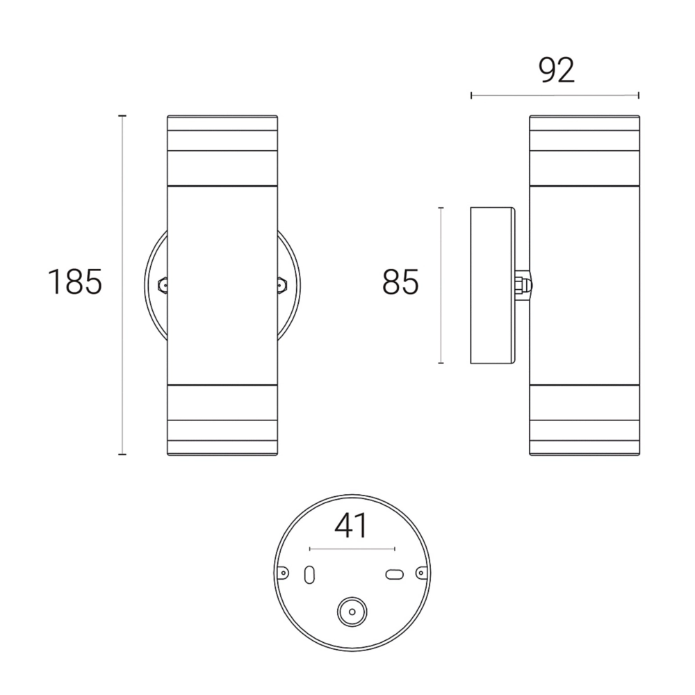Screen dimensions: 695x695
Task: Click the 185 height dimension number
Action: [75, 282]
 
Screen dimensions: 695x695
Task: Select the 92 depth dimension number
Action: [557, 70]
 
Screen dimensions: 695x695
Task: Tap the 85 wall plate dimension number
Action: [400, 282]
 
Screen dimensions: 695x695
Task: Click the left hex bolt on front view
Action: [163, 285]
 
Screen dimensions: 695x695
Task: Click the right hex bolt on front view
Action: [281, 285]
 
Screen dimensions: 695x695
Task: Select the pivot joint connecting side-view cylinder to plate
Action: [523, 285]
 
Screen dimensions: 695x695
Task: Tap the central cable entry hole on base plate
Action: [352, 612]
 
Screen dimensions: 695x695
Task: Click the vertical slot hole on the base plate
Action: [309, 575]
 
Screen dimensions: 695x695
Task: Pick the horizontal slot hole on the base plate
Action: [395, 575]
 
